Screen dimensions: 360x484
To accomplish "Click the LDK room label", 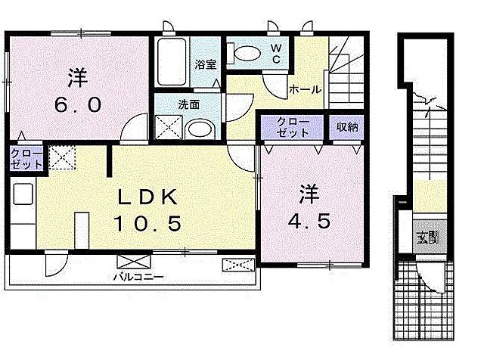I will (147, 198).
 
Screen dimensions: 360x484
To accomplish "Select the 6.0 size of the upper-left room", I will (76, 105).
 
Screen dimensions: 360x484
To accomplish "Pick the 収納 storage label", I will (347, 127).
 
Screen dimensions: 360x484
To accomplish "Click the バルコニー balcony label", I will (139, 276).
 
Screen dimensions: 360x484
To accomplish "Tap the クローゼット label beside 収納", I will (292, 126).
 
